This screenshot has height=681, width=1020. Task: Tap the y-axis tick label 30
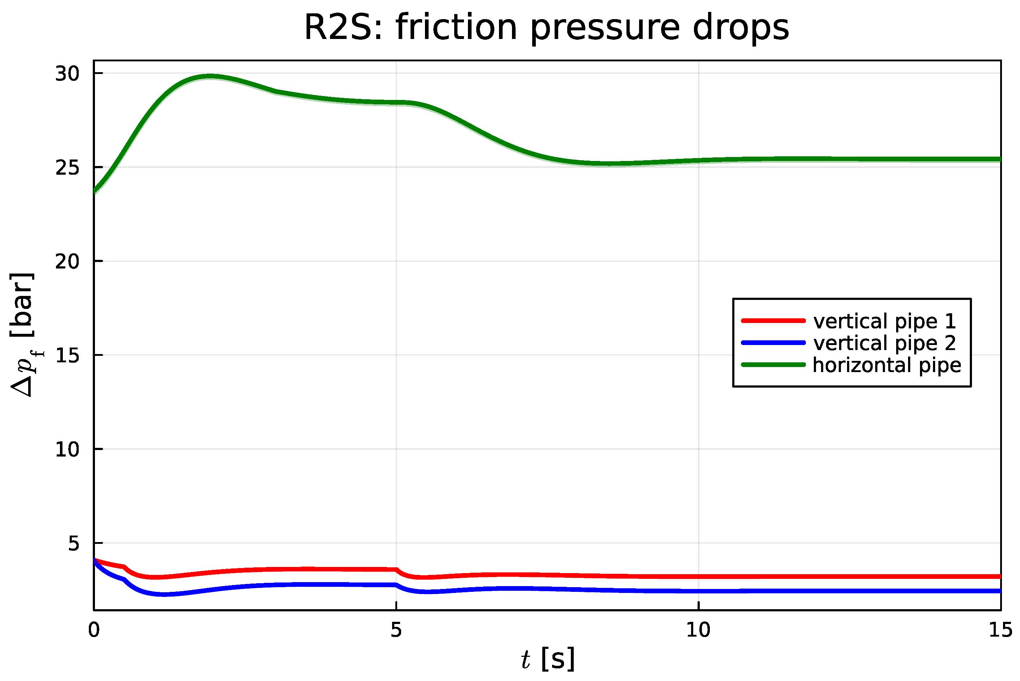click(67, 74)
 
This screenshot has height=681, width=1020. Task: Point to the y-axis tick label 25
click(67, 168)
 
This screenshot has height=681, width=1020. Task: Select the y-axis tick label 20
click(67, 261)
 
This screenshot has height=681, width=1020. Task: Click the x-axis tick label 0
click(94, 630)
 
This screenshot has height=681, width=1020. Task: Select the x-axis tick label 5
click(396, 630)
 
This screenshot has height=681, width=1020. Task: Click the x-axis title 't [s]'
click(548, 659)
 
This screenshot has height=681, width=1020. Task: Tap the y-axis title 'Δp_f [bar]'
click(24, 335)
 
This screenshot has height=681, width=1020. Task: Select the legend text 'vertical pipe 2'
click(885, 343)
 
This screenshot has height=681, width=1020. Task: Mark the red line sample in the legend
click(774, 321)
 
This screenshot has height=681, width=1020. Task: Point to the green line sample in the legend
click(774, 365)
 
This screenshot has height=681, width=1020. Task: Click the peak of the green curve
click(210, 77)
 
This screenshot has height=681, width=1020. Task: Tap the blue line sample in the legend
click(774, 343)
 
